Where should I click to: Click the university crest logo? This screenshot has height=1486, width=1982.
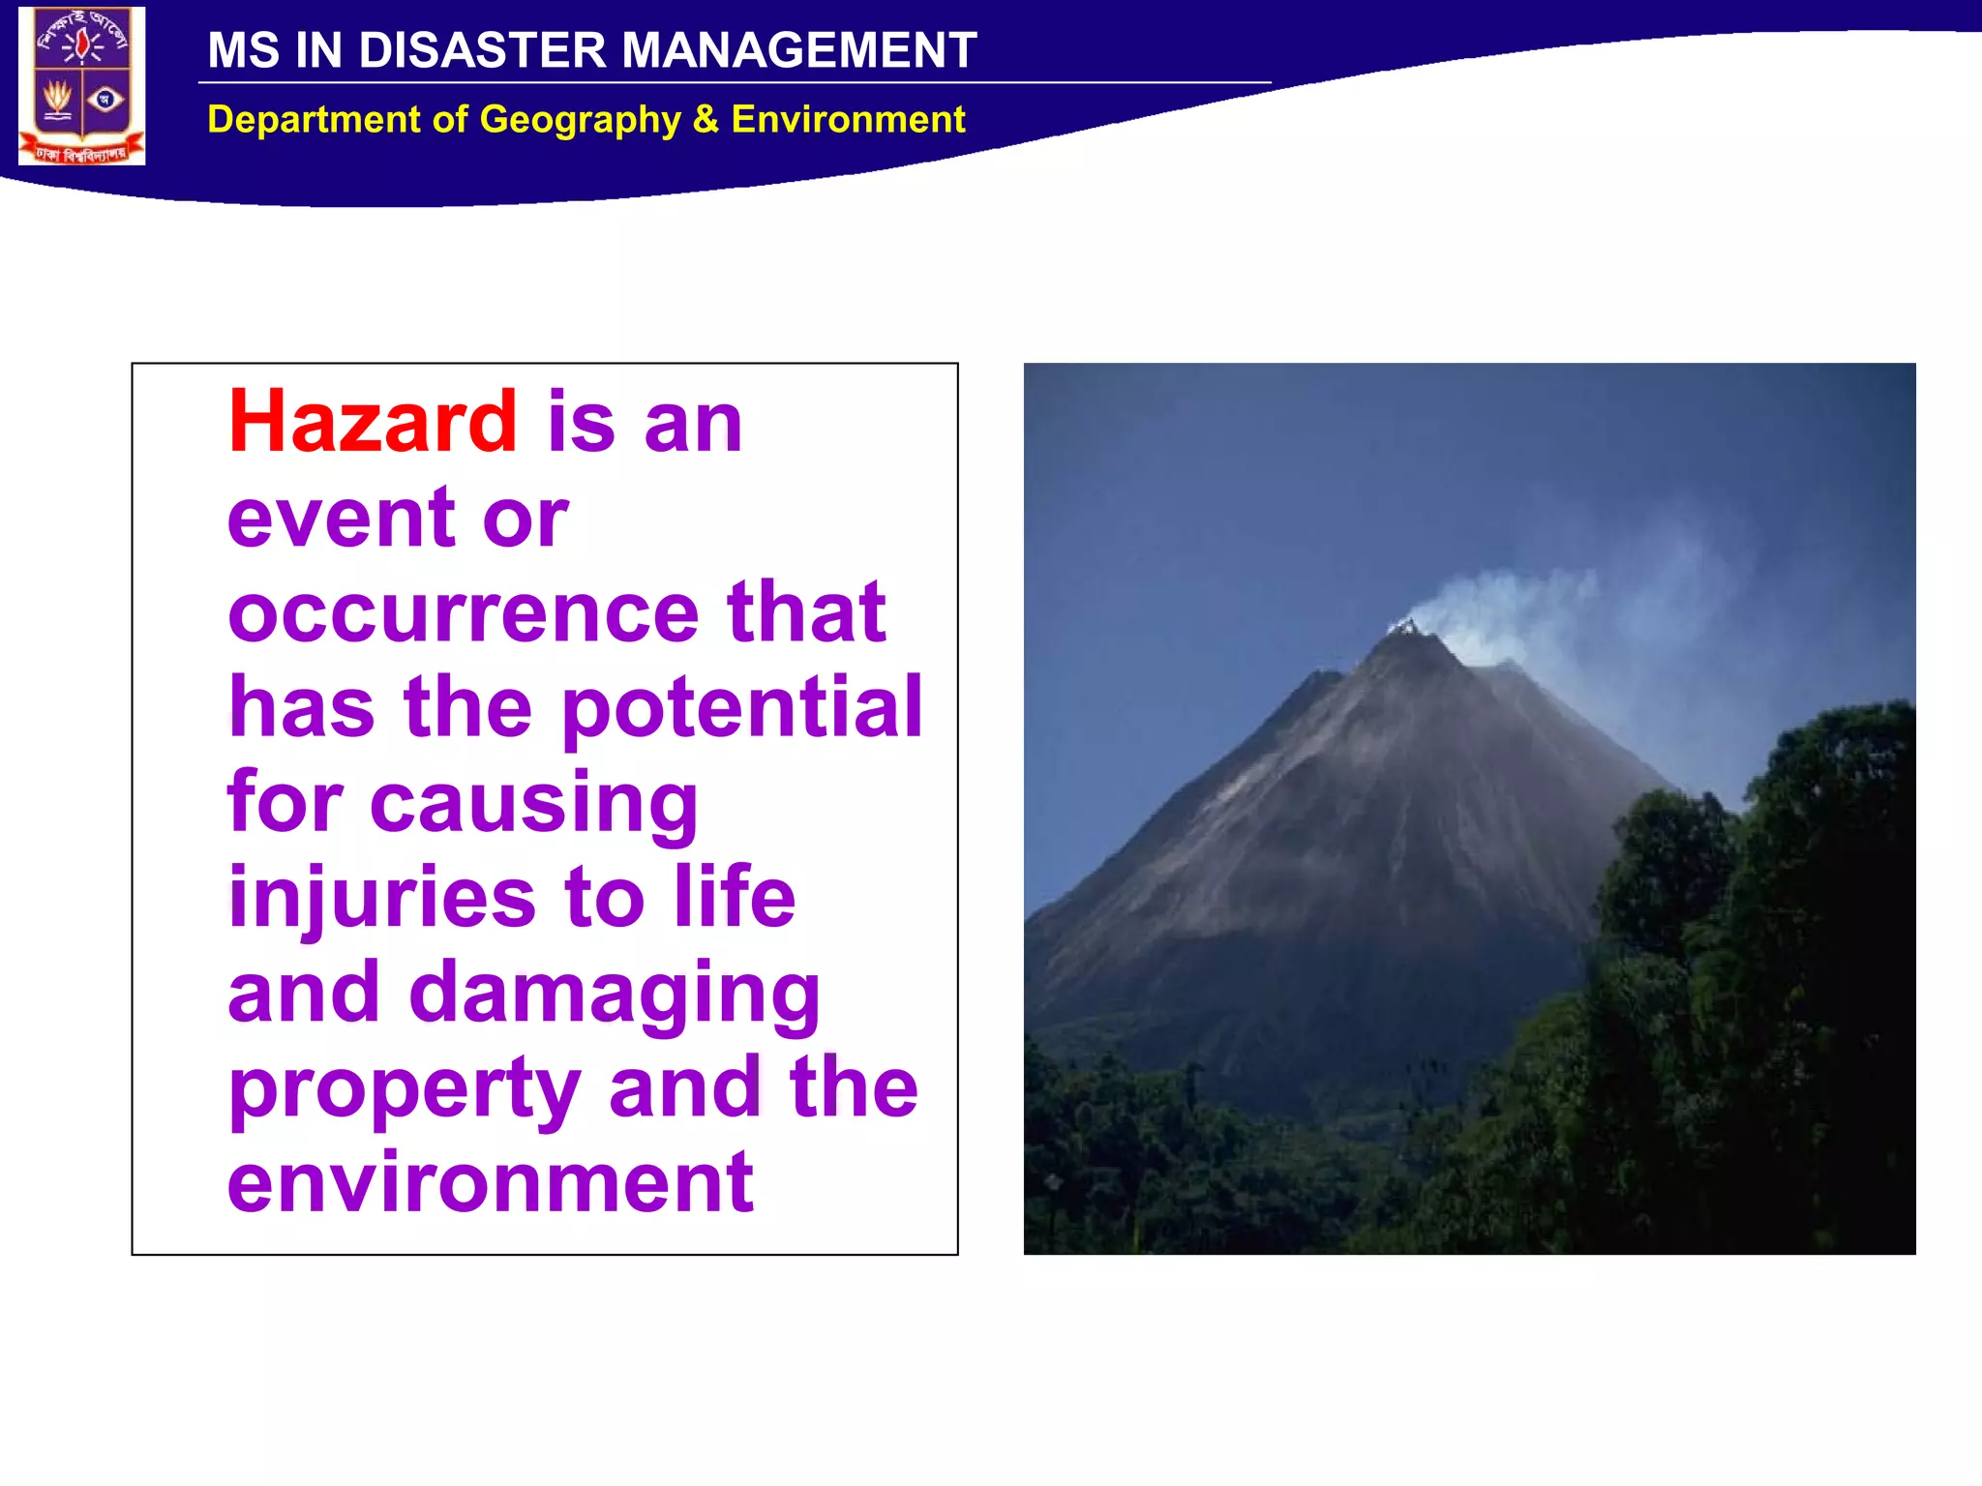coord(82,85)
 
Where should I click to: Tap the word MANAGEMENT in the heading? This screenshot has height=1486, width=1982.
coord(798,50)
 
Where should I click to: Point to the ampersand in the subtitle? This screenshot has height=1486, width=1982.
coord(706,119)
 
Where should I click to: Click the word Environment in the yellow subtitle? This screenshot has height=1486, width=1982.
coord(848,119)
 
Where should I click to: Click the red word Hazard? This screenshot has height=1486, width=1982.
coord(373,421)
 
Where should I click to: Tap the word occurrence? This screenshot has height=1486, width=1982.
coord(463,611)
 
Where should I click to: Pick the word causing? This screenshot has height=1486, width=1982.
coord(533,803)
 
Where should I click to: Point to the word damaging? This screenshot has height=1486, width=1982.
coord(615,993)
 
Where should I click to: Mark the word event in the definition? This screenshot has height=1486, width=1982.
coord(341,518)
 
